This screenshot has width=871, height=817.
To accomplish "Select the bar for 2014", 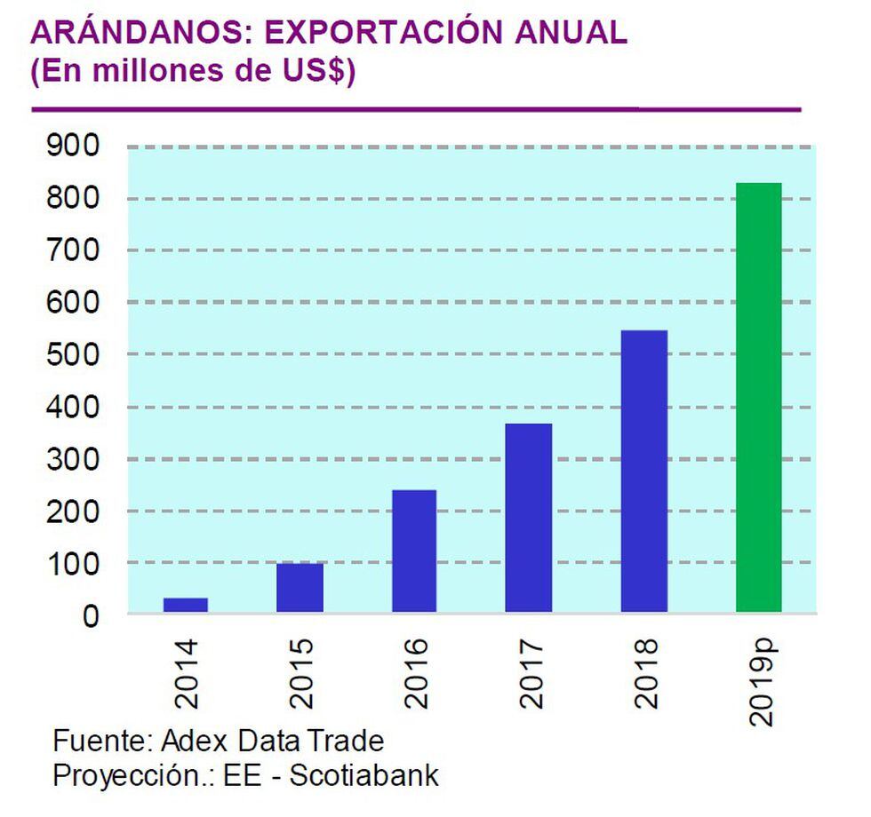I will click(185, 605).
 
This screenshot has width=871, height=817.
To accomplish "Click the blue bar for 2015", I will click(300, 588).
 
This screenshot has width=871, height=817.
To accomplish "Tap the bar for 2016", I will click(414, 551).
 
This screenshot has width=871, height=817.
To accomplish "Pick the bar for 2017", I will click(529, 518).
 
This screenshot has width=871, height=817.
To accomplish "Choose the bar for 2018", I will click(644, 471).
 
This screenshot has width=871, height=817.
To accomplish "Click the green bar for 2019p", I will click(759, 397).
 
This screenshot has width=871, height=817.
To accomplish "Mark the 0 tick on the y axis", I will click(91, 615).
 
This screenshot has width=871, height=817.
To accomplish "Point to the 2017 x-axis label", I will click(530, 673).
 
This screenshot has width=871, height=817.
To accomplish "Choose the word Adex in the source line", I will click(196, 740).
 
